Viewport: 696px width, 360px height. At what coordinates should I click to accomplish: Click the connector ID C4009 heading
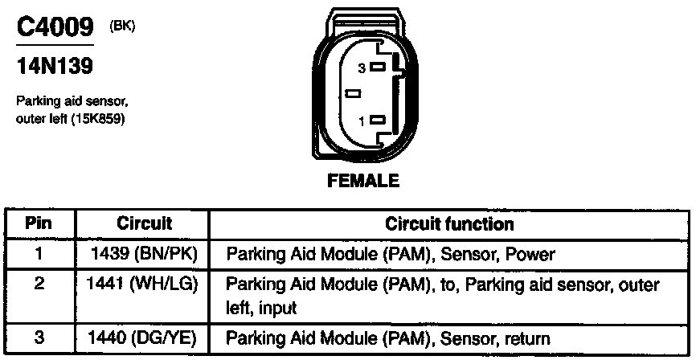pos(55,29)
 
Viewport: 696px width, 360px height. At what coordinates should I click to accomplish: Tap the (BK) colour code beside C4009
pos(121,26)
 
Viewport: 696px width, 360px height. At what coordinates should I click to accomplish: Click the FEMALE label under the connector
pos(362,181)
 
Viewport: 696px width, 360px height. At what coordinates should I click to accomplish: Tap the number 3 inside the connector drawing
pos(362,69)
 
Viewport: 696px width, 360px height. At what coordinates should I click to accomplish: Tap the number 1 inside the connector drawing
pos(362,121)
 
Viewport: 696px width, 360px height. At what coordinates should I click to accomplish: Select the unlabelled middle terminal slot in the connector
pos(353,94)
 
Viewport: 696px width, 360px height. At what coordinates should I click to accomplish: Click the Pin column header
pos(39,223)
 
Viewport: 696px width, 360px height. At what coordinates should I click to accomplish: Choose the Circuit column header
pos(145,223)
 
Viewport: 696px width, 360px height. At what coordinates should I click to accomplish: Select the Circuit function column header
pos(449,223)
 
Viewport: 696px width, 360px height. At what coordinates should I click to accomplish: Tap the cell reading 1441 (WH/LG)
pos(145,285)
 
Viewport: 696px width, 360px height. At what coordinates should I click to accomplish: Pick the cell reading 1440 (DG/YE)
pos(145,338)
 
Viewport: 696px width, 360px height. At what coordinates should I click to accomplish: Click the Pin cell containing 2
pos(39,285)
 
